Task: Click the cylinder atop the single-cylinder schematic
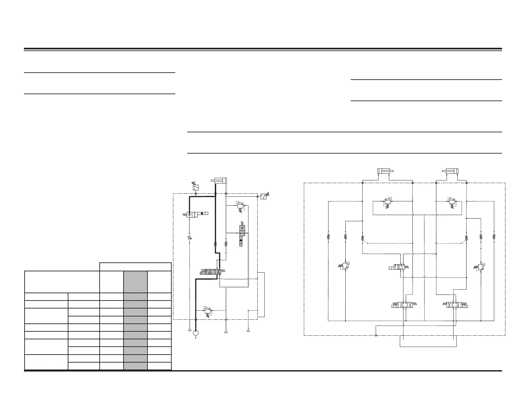pos(219,180)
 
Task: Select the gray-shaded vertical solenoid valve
pos(242,235)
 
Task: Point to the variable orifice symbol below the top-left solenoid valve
pos(189,237)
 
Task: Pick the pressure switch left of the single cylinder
pos(196,187)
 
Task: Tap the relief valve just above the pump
pos(208,311)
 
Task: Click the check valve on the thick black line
pos(215,244)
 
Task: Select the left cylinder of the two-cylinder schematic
pos(385,171)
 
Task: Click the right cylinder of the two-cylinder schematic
pos(450,171)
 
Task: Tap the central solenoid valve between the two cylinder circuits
pos(398,267)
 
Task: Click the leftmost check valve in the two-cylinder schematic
pos(328,237)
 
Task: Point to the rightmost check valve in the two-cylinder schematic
pos(494,237)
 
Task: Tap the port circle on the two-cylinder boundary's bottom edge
pos(376,335)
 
